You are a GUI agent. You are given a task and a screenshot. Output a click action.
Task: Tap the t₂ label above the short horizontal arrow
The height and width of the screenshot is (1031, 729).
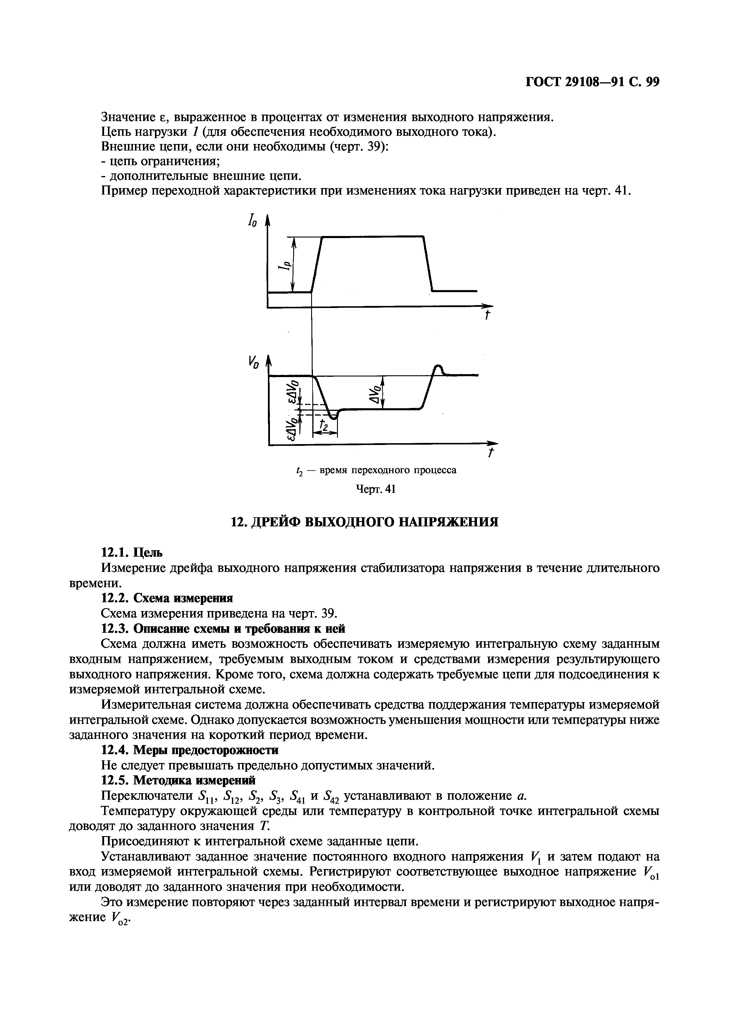tap(324, 424)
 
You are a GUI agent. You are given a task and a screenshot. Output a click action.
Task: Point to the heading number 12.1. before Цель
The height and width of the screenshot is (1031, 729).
tap(116, 552)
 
